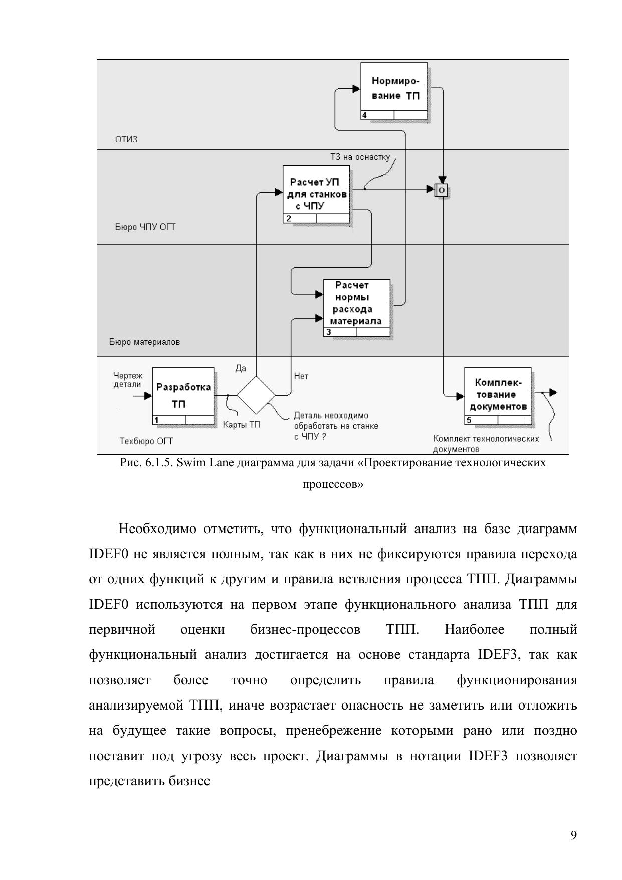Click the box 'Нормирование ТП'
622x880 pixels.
pyautogui.click(x=394, y=88)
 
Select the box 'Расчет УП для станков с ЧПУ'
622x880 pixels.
pyautogui.click(x=317, y=191)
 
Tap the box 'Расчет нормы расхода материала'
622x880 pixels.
pyautogui.click(x=356, y=304)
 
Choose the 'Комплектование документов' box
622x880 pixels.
pyautogui.click(x=497, y=392)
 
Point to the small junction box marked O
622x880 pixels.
pyautogui.click(x=442, y=190)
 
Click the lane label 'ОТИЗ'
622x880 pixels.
pyautogui.click(x=126, y=139)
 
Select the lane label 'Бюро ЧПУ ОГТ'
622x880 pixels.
pyautogui.click(x=145, y=227)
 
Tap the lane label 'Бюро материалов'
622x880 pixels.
pyautogui.click(x=144, y=342)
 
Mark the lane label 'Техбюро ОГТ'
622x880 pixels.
pyautogui.click(x=146, y=441)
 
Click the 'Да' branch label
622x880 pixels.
pyautogui.click(x=241, y=368)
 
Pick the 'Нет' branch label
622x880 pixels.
pyautogui.click(x=301, y=376)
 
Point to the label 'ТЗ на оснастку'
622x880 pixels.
pyautogui.click(x=360, y=157)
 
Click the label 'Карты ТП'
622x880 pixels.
pyautogui.click(x=241, y=424)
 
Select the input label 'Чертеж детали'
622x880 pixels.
pyautogui.click(x=128, y=380)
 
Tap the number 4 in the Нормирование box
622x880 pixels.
pyautogui.click(x=364, y=115)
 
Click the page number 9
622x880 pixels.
pyautogui.click(x=573, y=835)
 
